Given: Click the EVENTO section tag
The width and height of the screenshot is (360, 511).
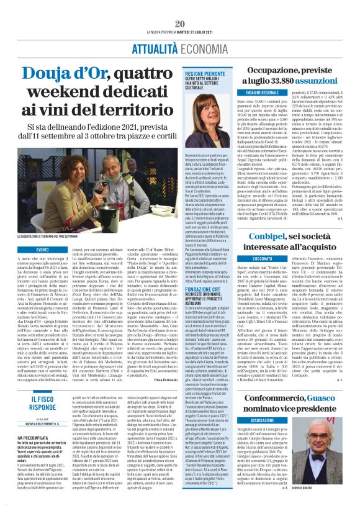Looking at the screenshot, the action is click(x=42, y=248).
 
